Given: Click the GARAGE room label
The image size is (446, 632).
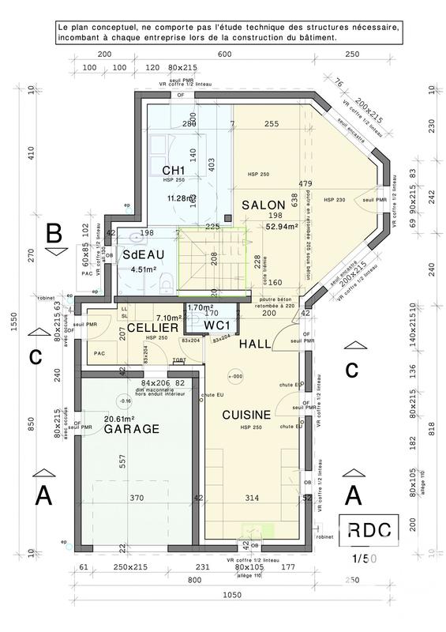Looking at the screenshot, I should click(x=133, y=429).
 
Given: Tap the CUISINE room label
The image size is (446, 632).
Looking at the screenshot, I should click(x=246, y=414).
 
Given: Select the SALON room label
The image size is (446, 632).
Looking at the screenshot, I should click(x=263, y=205).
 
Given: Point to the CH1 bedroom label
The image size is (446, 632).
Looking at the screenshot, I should click(x=174, y=171).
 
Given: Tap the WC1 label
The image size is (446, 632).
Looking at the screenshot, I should click(x=216, y=325).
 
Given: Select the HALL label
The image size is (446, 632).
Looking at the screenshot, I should click(x=256, y=344).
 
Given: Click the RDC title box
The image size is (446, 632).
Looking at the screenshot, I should click(x=367, y=529).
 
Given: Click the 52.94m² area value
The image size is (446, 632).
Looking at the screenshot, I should click(x=281, y=226).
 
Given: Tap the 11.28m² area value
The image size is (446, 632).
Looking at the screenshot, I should click(x=180, y=198).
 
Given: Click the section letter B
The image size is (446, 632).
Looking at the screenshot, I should click(x=54, y=233).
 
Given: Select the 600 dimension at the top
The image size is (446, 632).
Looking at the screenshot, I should click(x=224, y=54).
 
